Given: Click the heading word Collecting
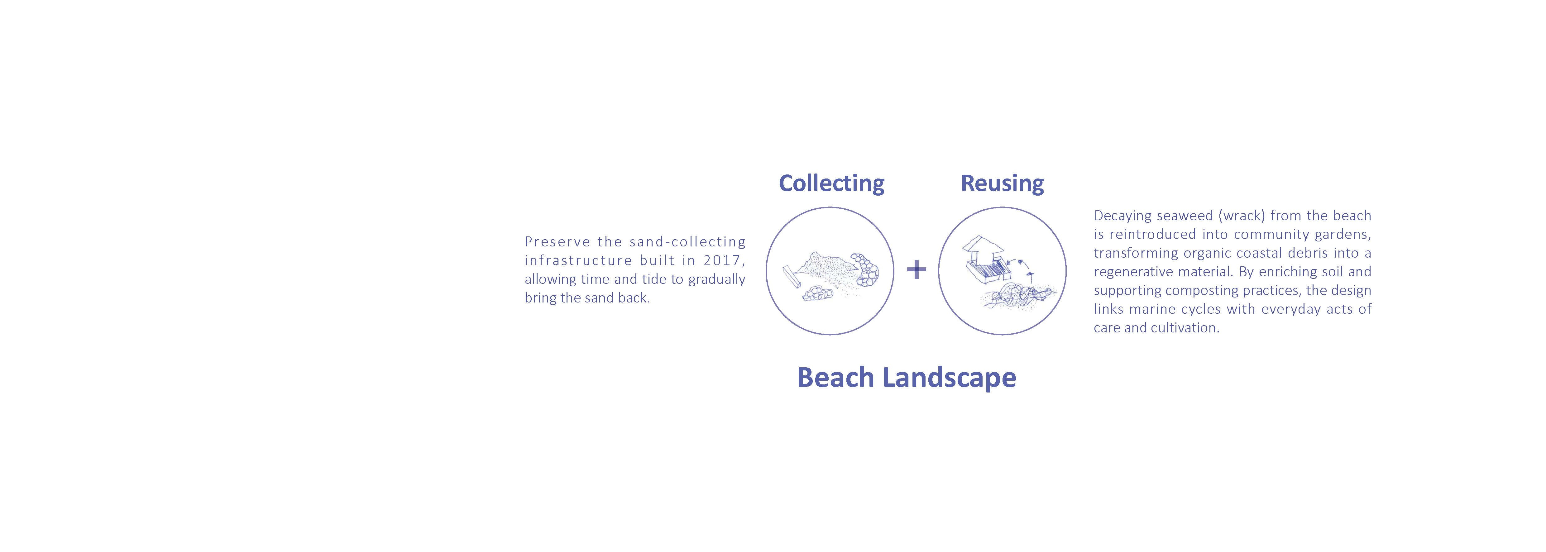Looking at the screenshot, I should click(x=831, y=183).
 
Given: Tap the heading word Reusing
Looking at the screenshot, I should click(x=1002, y=183).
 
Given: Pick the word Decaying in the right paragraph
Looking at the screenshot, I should click(x=1121, y=215).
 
